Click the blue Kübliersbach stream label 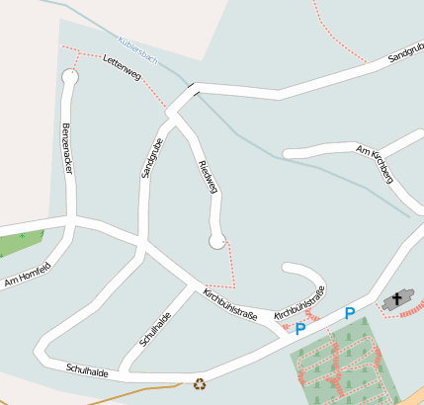tap(137, 47)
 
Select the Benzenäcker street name tap(67, 149)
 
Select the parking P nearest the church tap(349, 314)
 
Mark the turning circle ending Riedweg tap(217, 240)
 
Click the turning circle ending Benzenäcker tap(69, 76)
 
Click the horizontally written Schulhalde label tap(86, 368)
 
